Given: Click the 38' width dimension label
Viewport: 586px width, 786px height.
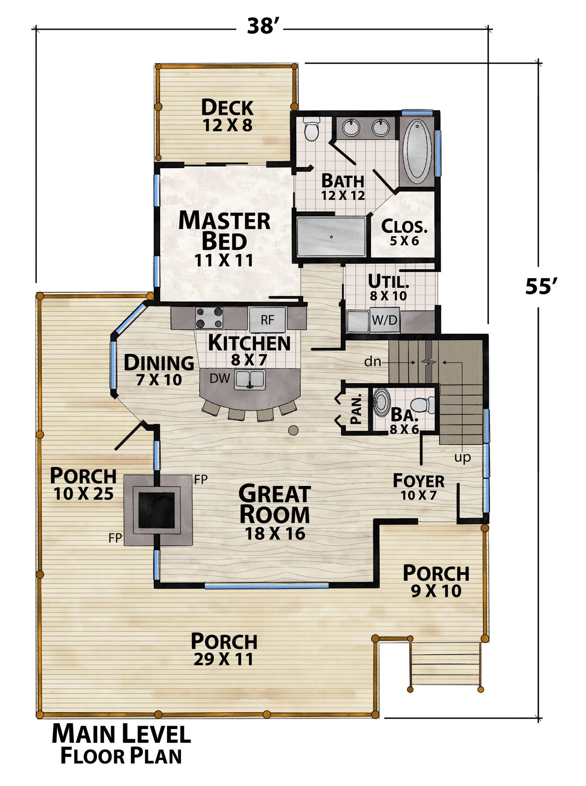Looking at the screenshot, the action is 260,26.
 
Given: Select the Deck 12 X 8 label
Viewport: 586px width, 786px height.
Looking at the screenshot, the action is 227,115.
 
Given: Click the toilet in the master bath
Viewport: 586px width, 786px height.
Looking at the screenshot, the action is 312,128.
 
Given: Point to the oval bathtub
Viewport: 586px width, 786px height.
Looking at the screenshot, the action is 417,151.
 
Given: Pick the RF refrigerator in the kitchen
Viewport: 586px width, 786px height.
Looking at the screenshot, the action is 267,319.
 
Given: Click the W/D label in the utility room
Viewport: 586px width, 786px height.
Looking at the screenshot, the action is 385,320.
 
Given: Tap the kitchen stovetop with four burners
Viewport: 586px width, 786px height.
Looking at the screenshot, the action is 209,318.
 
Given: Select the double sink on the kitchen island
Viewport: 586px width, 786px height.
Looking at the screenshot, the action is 250,380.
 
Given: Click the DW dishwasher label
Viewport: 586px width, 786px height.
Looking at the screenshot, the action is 220,378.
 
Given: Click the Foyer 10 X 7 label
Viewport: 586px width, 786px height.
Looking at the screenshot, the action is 419,486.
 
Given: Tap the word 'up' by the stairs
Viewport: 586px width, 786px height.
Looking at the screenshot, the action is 462,458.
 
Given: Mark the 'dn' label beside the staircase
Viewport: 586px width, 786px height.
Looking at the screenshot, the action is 373,362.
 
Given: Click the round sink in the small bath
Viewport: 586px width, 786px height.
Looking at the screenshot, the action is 382,402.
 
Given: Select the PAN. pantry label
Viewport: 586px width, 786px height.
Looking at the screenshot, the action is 356,409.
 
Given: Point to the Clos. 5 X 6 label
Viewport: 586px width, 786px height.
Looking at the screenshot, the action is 404,232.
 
